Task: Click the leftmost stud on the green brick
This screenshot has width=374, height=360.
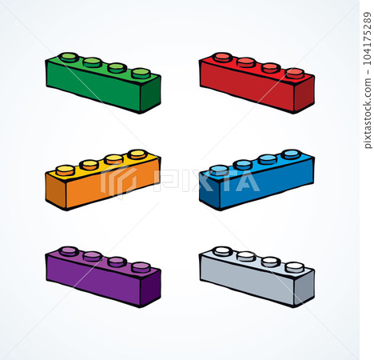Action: pyautogui.click(x=70, y=57)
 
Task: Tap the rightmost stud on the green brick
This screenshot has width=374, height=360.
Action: pyautogui.click(x=141, y=73)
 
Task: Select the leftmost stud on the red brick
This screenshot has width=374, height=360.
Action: pyautogui.click(x=223, y=57)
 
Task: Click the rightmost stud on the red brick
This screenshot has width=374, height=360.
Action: pyautogui.click(x=295, y=73)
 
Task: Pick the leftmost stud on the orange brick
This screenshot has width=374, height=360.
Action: pyautogui.click(x=66, y=170)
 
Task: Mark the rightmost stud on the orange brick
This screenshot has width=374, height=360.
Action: pyautogui.click(x=137, y=154)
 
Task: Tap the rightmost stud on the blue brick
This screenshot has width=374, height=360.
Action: pyautogui.click(x=291, y=154)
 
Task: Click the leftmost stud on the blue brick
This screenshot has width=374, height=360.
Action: pyautogui.click(x=219, y=170)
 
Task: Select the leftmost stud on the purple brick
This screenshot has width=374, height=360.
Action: pyautogui.click(x=70, y=250)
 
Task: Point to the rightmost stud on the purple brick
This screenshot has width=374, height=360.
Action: pyautogui.click(x=141, y=266)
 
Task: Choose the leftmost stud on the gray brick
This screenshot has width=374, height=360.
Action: pyautogui.click(x=223, y=250)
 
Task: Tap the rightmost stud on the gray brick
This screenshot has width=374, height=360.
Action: pyautogui.click(x=295, y=266)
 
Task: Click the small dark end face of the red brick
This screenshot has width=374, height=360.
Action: pyautogui.click(x=304, y=94)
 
